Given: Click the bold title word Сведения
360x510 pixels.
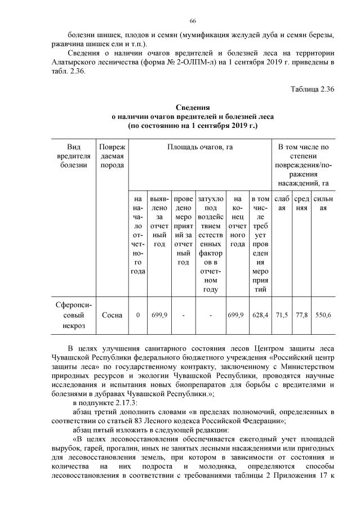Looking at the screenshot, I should pyautogui.click(x=193, y=107).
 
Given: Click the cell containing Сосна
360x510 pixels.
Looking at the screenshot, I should pyautogui.click(x=112, y=315).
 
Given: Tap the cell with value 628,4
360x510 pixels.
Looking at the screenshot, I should pyautogui.click(x=260, y=315).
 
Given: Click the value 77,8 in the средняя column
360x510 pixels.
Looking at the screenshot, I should pyautogui.click(x=302, y=315).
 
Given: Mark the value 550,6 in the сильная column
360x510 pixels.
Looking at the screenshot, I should pyautogui.click(x=322, y=315).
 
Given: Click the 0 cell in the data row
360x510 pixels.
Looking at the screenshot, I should pyautogui.click(x=138, y=315).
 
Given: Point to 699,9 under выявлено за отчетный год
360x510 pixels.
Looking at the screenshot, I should pyautogui.click(x=159, y=315).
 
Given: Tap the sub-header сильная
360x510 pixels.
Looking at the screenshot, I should pyautogui.click(x=323, y=203).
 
